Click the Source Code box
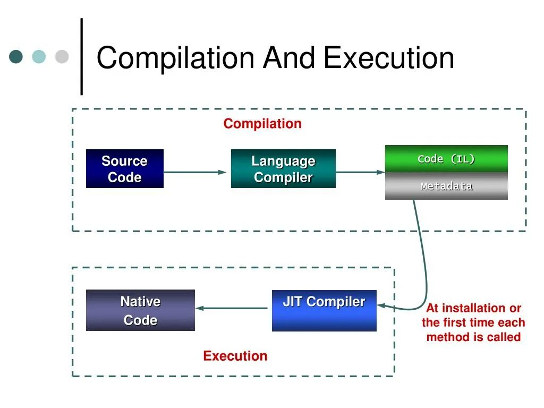[124, 169]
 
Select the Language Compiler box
[283, 169]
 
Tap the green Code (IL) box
[446, 158]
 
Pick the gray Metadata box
[446, 186]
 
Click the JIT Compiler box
[324, 310]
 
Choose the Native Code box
[140, 310]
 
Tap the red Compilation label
[262, 124]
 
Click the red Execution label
[235, 356]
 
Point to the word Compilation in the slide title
[175, 58]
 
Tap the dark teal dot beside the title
[16, 57]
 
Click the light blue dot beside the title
[39, 57]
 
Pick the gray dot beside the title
[62, 57]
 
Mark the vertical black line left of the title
[82, 57]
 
